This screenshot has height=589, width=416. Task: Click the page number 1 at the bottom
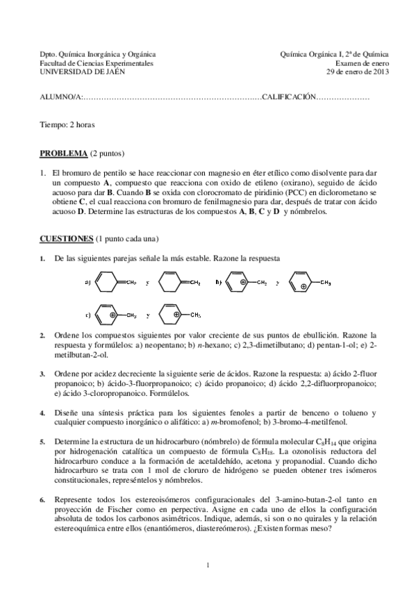208,564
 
